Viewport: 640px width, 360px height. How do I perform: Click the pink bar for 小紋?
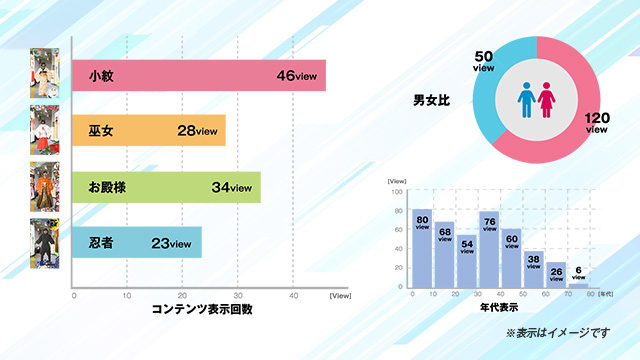[x=180, y=76]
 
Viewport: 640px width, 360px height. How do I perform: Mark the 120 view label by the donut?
[x=597, y=123]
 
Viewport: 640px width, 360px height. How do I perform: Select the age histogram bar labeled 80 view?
[x=422, y=250]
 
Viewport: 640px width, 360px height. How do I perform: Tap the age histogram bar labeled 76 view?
[x=490, y=252]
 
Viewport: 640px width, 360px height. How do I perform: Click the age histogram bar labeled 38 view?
[x=535, y=270]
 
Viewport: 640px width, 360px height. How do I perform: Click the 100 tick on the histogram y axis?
[x=397, y=192]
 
